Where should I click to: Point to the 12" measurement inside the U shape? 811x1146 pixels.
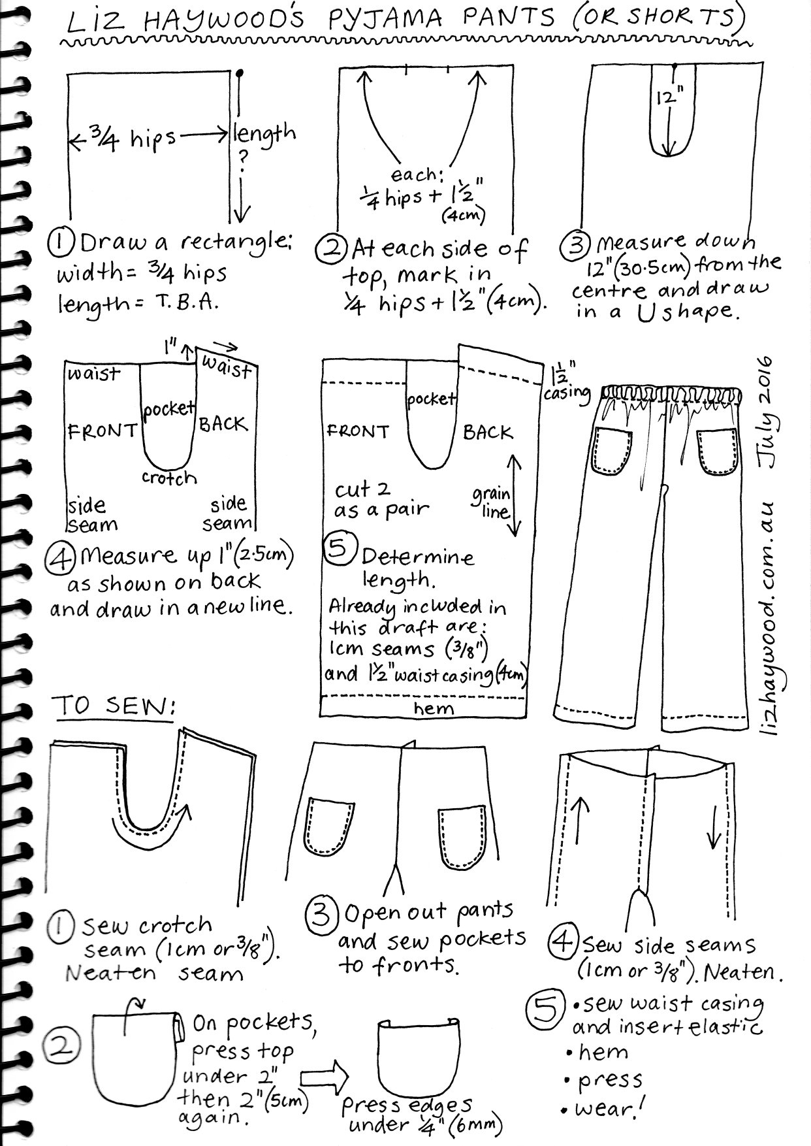[670, 98]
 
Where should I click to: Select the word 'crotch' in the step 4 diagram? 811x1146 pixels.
[169, 478]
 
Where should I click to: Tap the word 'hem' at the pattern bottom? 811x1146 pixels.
[433, 708]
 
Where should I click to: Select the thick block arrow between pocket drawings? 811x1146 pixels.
[325, 1077]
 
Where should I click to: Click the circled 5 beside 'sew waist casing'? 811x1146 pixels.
[545, 1010]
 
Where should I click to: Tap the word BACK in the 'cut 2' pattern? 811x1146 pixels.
[488, 433]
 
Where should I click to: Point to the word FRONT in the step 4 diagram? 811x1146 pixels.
[102, 431]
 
